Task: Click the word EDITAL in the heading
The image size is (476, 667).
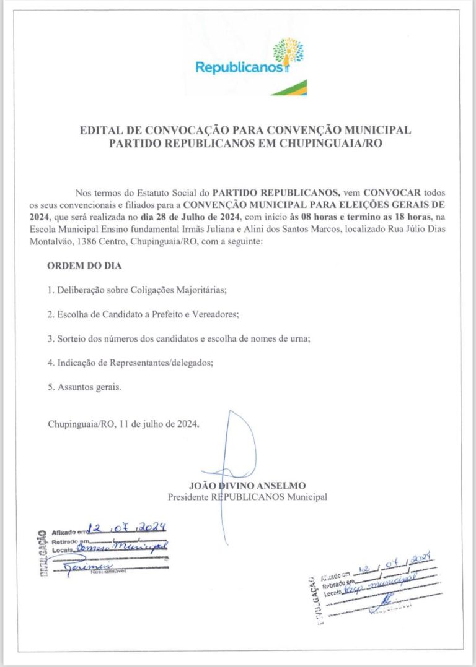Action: coord(100,131)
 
